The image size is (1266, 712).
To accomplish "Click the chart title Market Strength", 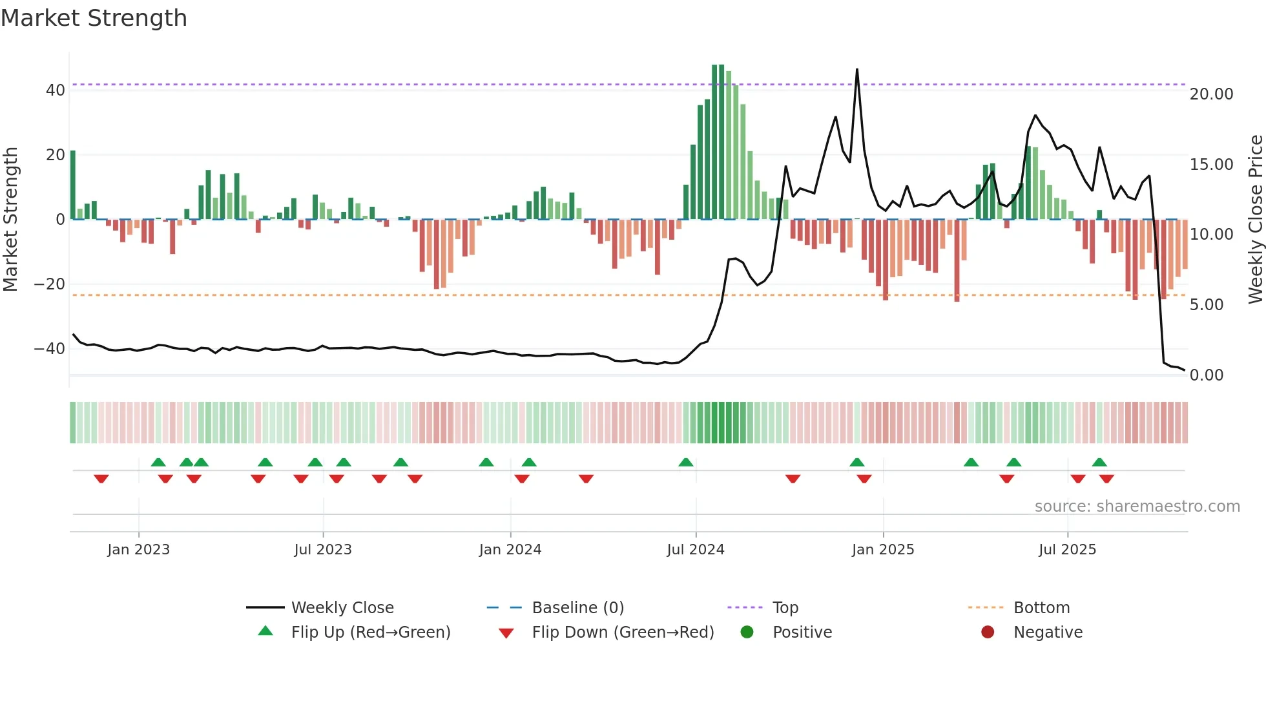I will pyautogui.click(x=94, y=18).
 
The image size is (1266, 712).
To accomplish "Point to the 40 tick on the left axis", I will pyautogui.click(x=56, y=90).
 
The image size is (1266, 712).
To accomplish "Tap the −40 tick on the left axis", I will pyautogui.click(x=50, y=349).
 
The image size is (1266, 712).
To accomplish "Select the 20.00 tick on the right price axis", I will pyautogui.click(x=1211, y=94).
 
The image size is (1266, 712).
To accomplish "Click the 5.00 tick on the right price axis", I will pyautogui.click(x=1206, y=305).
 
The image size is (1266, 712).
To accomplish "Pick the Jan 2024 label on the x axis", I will pyautogui.click(x=510, y=550).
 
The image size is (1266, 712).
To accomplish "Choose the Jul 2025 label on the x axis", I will pyautogui.click(x=1067, y=550).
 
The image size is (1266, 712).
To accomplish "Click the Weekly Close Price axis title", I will pyautogui.click(x=1255, y=220).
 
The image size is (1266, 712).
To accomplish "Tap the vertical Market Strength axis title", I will pyautogui.click(x=10, y=220).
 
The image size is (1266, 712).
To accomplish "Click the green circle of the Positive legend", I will pyautogui.click(x=747, y=633).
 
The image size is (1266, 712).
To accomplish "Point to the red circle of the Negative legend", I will pyautogui.click(x=987, y=633).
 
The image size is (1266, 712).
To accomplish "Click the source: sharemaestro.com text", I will pyautogui.click(x=1137, y=507).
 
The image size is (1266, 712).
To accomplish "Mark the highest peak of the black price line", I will pyautogui.click(x=857, y=69).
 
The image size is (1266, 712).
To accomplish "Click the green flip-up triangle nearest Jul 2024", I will pyautogui.click(x=686, y=463).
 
